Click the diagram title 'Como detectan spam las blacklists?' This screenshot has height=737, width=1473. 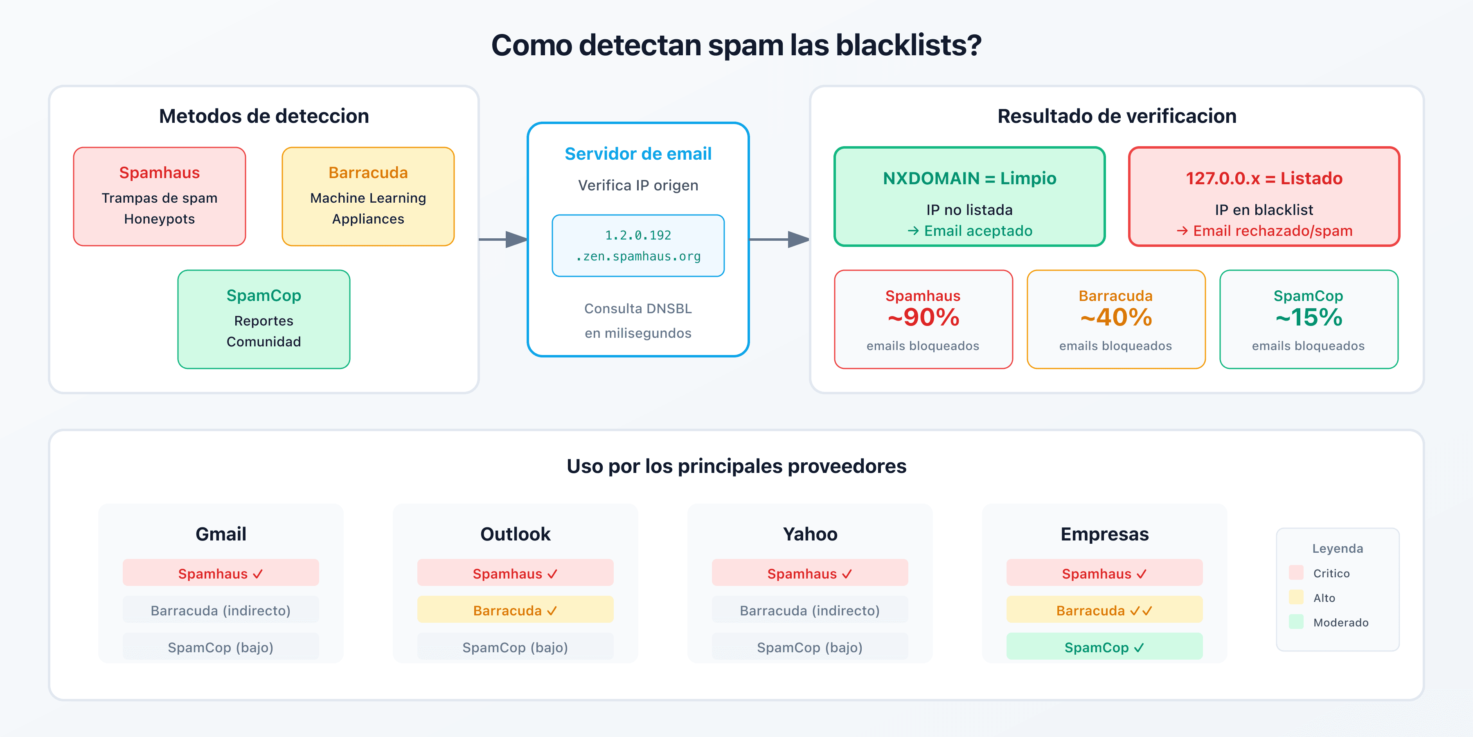click(736, 45)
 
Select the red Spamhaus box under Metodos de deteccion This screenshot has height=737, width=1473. click(160, 196)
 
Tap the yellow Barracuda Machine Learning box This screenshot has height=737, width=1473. click(368, 196)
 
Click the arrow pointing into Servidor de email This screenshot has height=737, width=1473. click(503, 239)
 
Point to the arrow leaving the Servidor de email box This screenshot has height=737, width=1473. click(779, 239)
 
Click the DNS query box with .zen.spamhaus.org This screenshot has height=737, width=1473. click(638, 246)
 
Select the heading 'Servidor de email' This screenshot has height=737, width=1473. click(638, 154)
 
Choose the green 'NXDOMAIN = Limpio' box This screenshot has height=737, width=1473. click(969, 196)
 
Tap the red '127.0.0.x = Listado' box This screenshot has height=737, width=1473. click(1264, 196)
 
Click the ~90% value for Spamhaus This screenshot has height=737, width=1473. click(923, 318)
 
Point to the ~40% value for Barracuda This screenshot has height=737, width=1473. click(1116, 318)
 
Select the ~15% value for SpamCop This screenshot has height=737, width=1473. click(1309, 318)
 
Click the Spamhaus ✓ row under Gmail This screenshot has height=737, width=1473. click(221, 573)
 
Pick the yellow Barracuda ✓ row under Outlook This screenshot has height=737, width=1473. click(515, 610)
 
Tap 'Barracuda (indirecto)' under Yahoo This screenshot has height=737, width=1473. click(810, 610)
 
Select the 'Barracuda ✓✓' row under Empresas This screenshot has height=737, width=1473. click(1104, 610)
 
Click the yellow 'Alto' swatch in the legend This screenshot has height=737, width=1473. click(1296, 597)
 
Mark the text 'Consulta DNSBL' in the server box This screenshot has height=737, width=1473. click(638, 308)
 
